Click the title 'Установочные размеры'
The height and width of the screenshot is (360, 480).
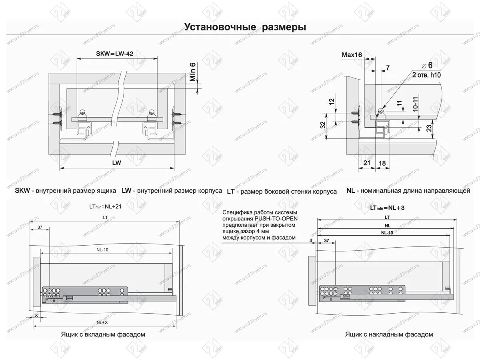[245, 27]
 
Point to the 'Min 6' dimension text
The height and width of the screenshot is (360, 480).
[193, 72]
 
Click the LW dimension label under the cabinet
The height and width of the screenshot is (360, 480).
[117, 164]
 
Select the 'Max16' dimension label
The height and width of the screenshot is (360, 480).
[352, 55]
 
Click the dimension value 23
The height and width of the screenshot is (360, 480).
[428, 128]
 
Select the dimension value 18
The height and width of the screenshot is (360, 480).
[382, 163]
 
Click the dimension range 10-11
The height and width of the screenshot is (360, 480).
[416, 104]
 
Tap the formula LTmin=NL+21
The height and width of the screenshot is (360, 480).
[105, 207]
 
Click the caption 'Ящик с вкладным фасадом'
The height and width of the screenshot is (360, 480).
[103, 334]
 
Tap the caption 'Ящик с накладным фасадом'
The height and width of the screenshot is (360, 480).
[389, 334]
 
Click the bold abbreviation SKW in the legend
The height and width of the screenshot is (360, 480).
[22, 191]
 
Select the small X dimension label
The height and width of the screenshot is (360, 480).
[36, 315]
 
